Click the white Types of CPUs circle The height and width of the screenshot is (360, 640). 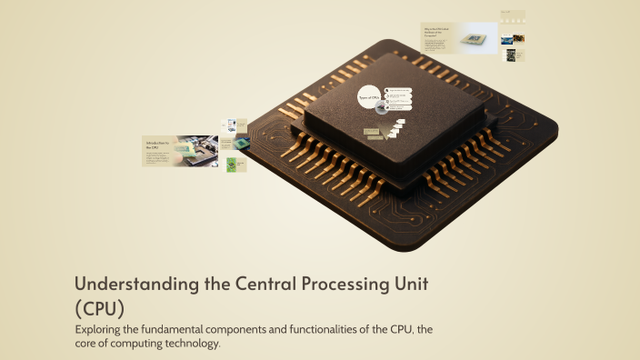coord(369,97)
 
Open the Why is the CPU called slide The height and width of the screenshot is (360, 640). coord(458,38)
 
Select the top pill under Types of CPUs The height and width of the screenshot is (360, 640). coord(399,90)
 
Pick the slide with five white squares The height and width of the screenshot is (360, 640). coord(513,17)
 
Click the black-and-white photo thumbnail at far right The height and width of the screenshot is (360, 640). coord(511,55)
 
